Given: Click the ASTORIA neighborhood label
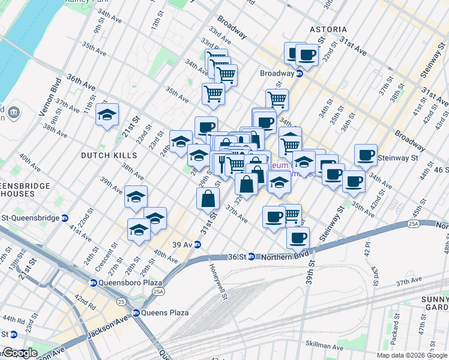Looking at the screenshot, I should (x=328, y=29).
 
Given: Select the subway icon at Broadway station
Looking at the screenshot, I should (x=299, y=73).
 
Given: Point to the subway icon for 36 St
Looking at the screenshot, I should (x=252, y=257).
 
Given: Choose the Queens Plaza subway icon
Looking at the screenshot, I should (x=136, y=313).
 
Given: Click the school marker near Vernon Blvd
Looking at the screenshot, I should (x=107, y=115).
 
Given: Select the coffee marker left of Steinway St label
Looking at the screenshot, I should (x=365, y=155).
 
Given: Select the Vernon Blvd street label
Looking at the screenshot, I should (x=50, y=97).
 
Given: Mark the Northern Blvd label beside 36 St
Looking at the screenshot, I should (x=285, y=257).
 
